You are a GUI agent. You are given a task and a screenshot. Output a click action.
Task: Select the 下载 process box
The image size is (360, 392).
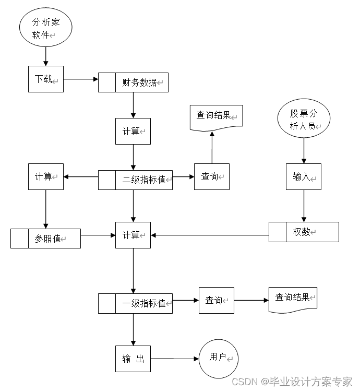pyautogui.click(x=45, y=79)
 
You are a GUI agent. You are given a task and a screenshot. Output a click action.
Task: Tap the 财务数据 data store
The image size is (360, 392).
pyautogui.click(x=134, y=82)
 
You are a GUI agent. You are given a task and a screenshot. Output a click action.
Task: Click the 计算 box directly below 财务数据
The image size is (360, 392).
pyautogui.click(x=133, y=131)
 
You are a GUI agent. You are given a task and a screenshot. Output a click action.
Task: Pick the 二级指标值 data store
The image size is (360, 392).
pyautogui.click(x=136, y=180)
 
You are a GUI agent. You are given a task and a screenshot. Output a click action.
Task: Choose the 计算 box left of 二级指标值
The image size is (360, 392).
pyautogui.click(x=45, y=176)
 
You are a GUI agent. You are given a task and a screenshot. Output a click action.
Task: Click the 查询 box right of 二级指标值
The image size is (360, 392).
pyautogui.click(x=211, y=176)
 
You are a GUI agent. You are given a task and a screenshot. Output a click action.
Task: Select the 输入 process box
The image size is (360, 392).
pyautogui.click(x=303, y=176)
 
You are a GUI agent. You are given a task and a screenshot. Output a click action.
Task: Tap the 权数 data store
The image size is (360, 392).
pyautogui.click(x=304, y=232)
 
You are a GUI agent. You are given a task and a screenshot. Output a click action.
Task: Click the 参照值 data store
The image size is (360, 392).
pyautogui.click(x=45, y=239)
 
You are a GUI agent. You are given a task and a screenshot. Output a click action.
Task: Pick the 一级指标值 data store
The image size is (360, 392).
pyautogui.click(x=136, y=303)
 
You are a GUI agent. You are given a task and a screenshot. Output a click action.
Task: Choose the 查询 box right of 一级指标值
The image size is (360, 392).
pyautogui.click(x=216, y=300)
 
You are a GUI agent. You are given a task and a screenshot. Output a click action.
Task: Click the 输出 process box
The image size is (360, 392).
pyautogui.click(x=133, y=359)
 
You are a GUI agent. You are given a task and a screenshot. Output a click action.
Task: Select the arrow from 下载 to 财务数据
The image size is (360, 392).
pyautogui.click(x=81, y=79)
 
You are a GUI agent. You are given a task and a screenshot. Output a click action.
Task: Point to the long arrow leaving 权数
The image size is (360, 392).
pyautogui.click(x=209, y=235)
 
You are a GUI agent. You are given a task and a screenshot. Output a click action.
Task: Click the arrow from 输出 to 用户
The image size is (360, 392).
pyautogui.click(x=175, y=359)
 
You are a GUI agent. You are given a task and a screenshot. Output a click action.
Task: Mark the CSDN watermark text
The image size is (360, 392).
pyautogui.click(x=292, y=382)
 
